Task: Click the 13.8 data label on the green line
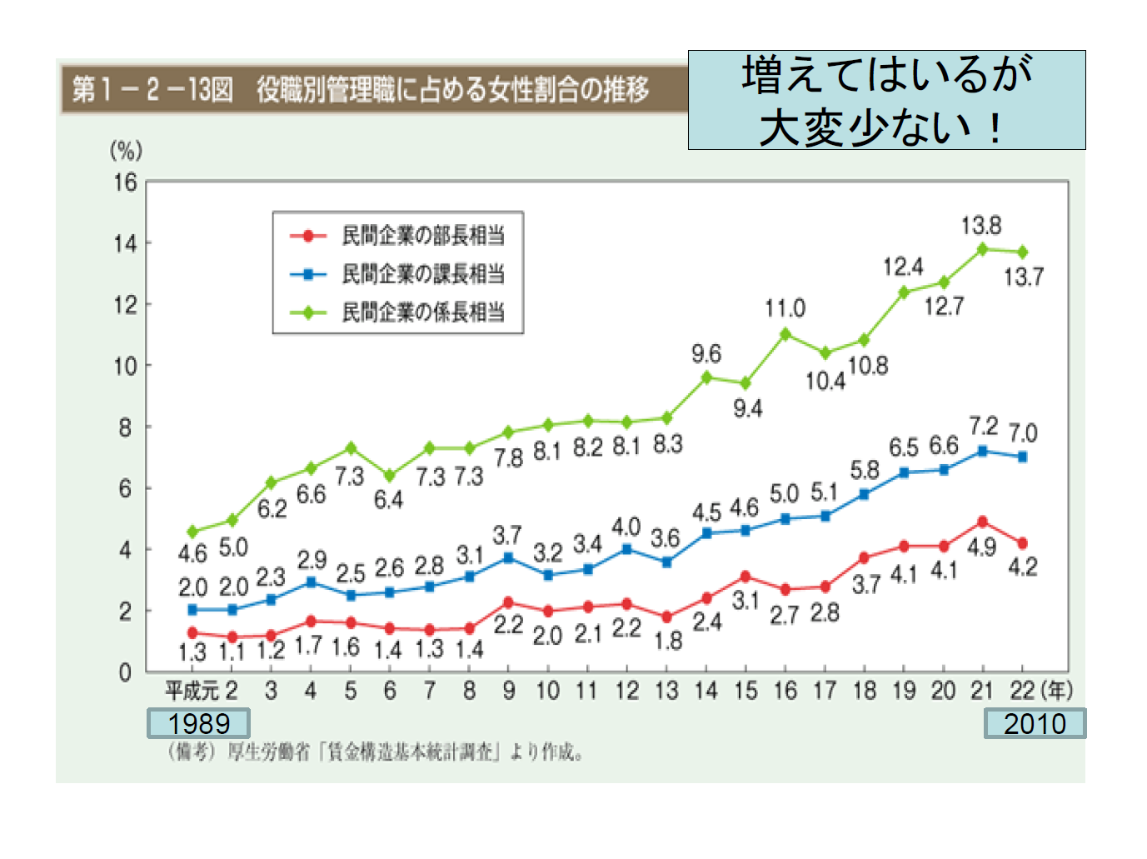[x=980, y=225]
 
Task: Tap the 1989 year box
[x=198, y=723]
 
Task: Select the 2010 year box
[x=1035, y=723]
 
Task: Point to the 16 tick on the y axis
[x=125, y=182]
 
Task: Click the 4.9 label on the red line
[x=982, y=547]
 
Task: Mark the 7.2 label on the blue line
[x=983, y=427]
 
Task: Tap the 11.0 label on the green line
[x=785, y=309]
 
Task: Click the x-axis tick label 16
[x=785, y=691]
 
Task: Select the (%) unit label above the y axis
[x=127, y=151]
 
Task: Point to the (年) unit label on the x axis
[x=1057, y=691]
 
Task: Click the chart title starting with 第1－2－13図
[x=360, y=89]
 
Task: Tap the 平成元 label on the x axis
[x=191, y=691]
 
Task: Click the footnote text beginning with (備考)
[x=375, y=752]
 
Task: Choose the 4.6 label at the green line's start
[x=192, y=553]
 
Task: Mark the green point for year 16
[x=785, y=334]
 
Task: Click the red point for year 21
[x=983, y=522]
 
